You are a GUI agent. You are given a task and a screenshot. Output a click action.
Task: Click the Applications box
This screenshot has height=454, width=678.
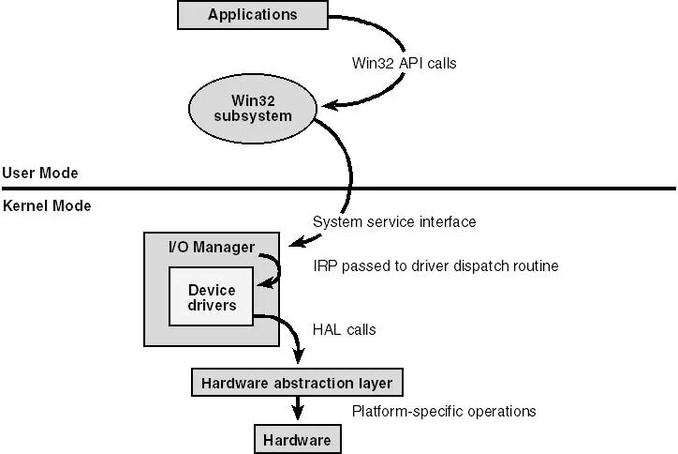click(x=252, y=14)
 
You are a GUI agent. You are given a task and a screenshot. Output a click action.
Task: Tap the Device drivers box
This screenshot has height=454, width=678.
click(x=211, y=297)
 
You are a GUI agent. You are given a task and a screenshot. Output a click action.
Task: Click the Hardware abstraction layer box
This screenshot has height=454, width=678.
click(x=297, y=383)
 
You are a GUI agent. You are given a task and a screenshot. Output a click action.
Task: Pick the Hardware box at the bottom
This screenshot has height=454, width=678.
click(x=296, y=439)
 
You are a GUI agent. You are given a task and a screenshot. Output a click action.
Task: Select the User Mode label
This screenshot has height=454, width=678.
click(x=39, y=173)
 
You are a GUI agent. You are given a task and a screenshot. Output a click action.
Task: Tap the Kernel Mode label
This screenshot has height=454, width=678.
click(x=47, y=205)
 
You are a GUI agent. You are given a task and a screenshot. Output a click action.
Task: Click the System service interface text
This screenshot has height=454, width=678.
click(x=393, y=222)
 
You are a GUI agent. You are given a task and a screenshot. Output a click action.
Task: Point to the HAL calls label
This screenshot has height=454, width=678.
click(x=343, y=330)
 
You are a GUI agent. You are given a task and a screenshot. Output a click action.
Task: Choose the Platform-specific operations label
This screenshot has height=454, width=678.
click(x=444, y=411)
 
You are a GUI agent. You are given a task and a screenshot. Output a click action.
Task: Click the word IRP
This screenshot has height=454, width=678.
click(x=326, y=266)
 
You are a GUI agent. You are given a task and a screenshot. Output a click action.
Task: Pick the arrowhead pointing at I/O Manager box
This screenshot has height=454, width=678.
click(x=295, y=242)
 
